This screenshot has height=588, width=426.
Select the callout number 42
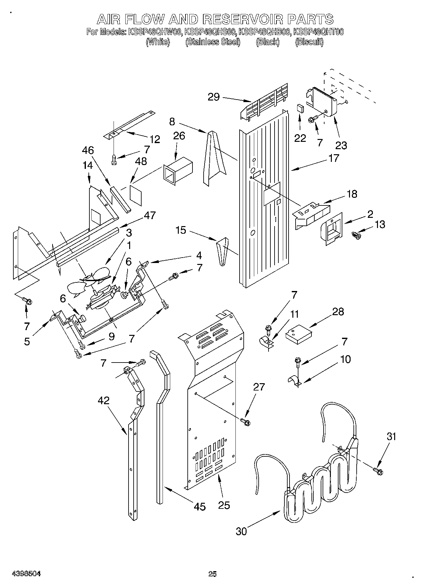pyautogui.click(x=104, y=400)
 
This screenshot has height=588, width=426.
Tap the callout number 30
pyautogui.click(x=241, y=531)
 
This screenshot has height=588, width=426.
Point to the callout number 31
pyautogui.click(x=392, y=437)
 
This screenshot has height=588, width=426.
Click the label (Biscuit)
pyautogui.click(x=309, y=42)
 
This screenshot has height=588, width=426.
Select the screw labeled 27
pyautogui.click(x=246, y=422)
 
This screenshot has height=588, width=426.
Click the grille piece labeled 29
pyautogui.click(x=264, y=100)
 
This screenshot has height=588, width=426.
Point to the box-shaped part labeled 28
pyautogui.click(x=298, y=336)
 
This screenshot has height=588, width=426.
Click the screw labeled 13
pyautogui.click(x=356, y=235)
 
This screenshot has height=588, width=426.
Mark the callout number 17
pyautogui.click(x=334, y=158)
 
